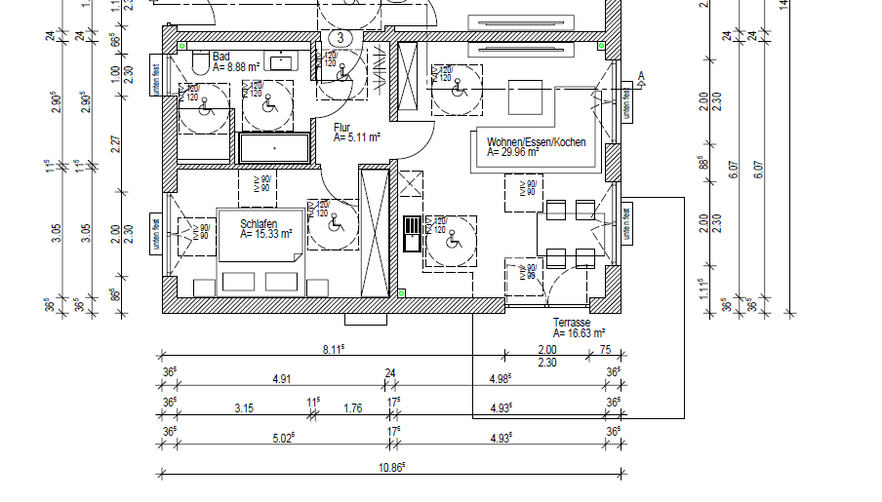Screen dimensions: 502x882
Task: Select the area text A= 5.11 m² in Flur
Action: (356, 138)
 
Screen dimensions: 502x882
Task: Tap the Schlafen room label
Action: (259, 223)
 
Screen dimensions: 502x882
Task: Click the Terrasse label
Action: (572, 323)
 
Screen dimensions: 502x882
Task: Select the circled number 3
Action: (340, 37)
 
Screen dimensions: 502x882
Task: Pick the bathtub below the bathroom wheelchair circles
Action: (274, 148)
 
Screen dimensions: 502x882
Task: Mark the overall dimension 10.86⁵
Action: (391, 468)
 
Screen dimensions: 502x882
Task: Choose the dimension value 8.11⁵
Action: (337, 349)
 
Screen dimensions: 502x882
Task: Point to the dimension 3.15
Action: (244, 408)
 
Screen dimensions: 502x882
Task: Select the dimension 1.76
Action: (352, 408)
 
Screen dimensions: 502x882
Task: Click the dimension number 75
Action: (605, 350)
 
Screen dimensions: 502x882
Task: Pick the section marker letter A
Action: (641, 75)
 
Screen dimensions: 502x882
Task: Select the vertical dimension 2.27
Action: (116, 144)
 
